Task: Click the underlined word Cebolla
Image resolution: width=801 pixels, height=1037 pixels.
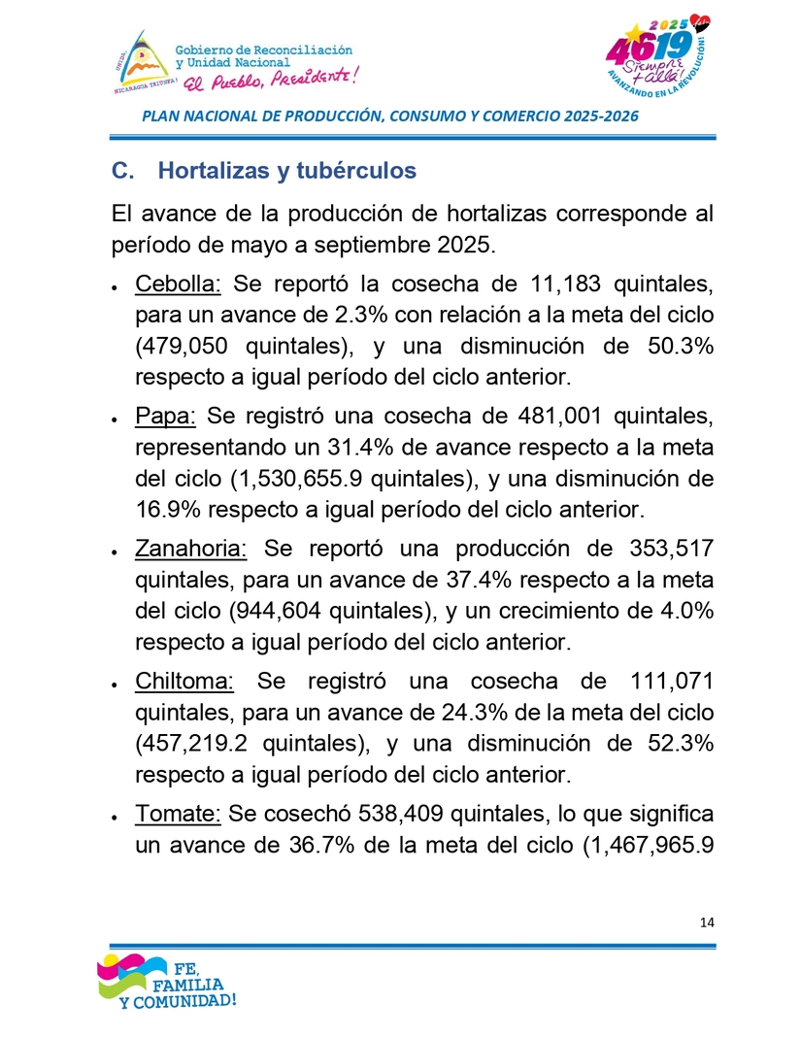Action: (x=179, y=284)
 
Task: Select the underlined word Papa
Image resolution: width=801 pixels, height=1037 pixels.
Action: (x=166, y=417)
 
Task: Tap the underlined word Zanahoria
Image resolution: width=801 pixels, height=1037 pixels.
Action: (x=191, y=549)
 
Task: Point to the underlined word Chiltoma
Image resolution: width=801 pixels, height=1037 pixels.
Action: (x=184, y=681)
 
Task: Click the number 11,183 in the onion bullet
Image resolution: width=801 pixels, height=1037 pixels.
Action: (x=576, y=284)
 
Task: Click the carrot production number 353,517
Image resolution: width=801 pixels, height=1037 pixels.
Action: (x=666, y=549)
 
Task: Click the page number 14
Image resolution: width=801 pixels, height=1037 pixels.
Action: (x=706, y=922)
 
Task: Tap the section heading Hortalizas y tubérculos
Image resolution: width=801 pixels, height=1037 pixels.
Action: (x=286, y=171)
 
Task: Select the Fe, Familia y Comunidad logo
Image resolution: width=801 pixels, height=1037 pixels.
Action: (x=167, y=983)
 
